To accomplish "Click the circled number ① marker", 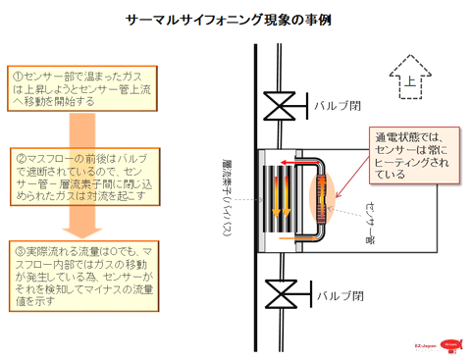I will click(17, 74).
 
